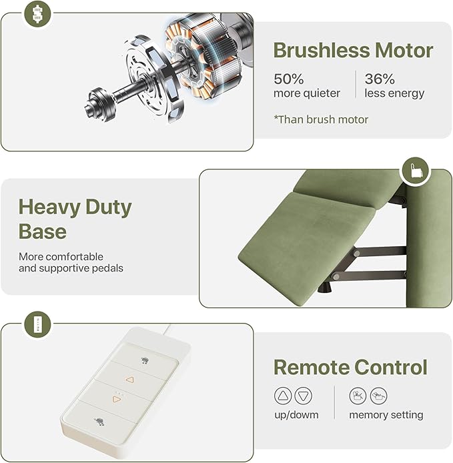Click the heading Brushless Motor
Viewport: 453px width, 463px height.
[353, 50]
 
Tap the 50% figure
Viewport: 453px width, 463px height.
[288, 79]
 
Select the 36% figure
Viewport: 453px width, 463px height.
[380, 79]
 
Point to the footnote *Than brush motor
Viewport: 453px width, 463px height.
[321, 119]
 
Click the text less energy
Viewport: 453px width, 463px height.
[394, 93]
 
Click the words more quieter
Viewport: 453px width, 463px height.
[307, 93]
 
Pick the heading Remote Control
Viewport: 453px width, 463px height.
[350, 367]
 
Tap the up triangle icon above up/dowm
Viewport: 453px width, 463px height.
[283, 396]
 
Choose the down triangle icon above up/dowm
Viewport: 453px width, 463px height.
[304, 396]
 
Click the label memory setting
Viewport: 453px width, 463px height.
[386, 415]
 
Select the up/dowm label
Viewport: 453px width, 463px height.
[296, 415]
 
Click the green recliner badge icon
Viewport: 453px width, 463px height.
[415, 171]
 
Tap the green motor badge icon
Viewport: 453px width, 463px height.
[37, 13]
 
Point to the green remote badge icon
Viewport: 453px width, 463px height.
[37, 324]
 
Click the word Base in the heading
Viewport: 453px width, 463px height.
[43, 232]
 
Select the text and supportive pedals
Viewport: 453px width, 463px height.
[71, 268]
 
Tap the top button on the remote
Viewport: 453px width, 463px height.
[145, 361]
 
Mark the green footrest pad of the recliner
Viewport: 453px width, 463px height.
[307, 248]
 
